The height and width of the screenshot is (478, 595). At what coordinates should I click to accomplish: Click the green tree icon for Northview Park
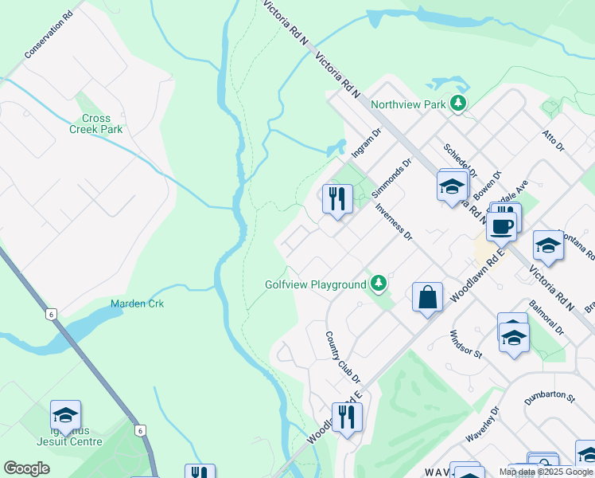[457, 104]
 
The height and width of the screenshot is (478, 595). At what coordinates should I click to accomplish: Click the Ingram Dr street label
[367, 144]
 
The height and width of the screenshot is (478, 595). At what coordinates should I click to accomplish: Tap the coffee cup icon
[501, 225]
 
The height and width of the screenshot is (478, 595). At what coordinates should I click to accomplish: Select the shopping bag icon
[428, 297]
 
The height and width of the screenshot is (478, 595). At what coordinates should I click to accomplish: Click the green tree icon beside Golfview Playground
[379, 284]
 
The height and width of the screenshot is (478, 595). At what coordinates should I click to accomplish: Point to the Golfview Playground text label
[315, 284]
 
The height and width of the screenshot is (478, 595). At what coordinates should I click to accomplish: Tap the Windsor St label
[466, 344]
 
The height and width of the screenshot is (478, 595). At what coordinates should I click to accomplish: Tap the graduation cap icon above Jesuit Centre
[65, 414]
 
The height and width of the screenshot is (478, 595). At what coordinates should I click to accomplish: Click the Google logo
[26, 468]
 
